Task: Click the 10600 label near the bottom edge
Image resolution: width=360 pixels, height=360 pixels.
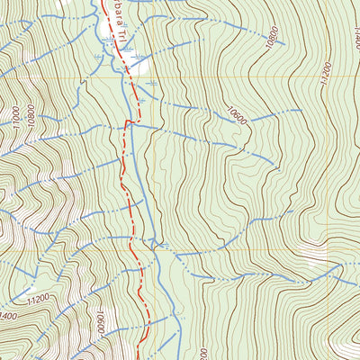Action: tap(99, 321)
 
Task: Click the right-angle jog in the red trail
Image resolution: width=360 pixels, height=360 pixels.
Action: tap(132, 121)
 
